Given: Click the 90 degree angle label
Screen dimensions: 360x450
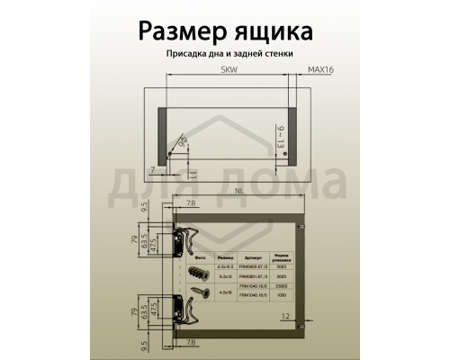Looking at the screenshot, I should coord(184,141).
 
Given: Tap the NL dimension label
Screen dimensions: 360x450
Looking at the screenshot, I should coord(238,191).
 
